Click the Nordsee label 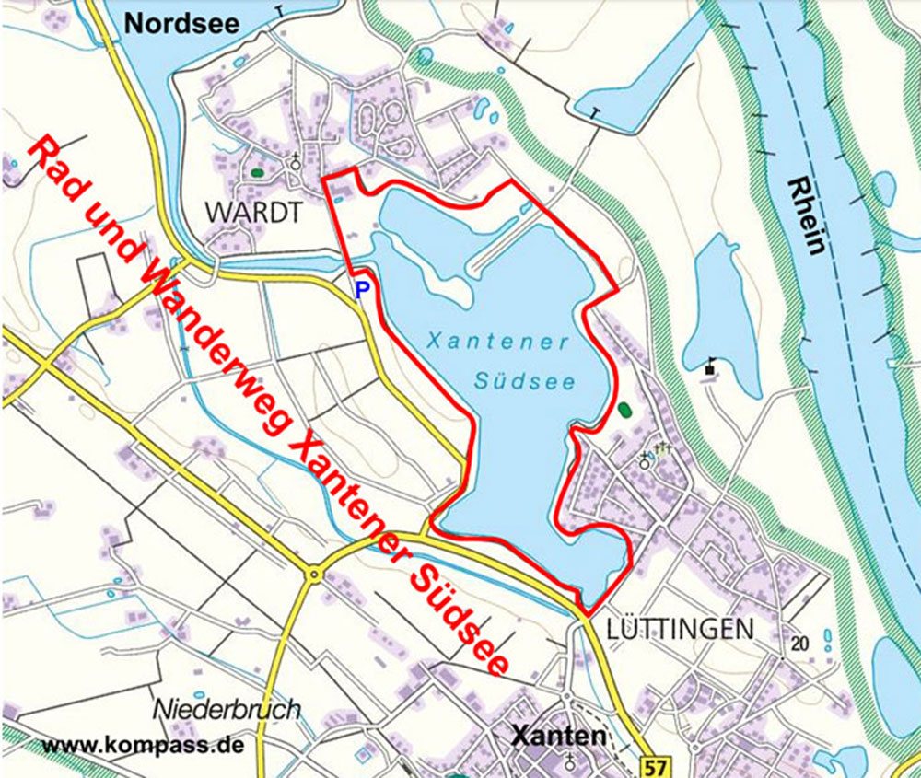click(x=181, y=23)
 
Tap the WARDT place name click(x=253, y=212)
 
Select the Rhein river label click(x=806, y=216)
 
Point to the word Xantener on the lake click(x=497, y=341)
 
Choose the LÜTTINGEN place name click(x=681, y=630)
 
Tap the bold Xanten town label click(x=559, y=736)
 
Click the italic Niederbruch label click(x=227, y=710)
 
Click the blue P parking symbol click(x=362, y=289)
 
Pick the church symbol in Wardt click(x=296, y=162)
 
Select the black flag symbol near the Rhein click(x=711, y=366)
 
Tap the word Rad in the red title click(x=55, y=166)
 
